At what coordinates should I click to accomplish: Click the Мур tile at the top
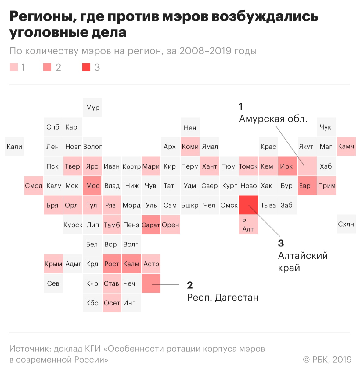click(92, 108)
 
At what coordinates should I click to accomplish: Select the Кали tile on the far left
click(14, 147)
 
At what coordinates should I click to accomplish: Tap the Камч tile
click(346, 147)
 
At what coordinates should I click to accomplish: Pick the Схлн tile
click(346, 225)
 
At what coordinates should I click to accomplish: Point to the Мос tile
click(92, 186)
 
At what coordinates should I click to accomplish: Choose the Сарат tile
click(151, 225)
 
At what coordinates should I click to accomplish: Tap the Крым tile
click(53, 264)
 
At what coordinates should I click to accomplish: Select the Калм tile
click(131, 264)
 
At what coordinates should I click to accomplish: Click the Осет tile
click(112, 303)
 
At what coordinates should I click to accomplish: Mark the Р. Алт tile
click(248, 225)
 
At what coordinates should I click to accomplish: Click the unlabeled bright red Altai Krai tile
click(248, 205)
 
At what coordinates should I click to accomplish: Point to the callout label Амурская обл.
click(273, 119)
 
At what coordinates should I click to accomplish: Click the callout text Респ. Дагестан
click(223, 298)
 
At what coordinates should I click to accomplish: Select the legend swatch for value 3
click(86, 67)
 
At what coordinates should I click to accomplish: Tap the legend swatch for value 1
click(14, 67)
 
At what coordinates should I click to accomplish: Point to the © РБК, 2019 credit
click(327, 360)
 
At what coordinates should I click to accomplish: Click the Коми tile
click(190, 147)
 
